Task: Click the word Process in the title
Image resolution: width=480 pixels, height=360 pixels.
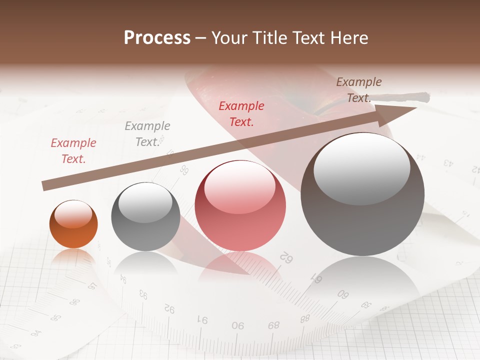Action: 157,37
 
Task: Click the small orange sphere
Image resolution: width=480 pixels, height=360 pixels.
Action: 73,224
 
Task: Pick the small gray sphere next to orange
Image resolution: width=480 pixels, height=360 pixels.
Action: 145,217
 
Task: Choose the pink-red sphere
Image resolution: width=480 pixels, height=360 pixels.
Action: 240,205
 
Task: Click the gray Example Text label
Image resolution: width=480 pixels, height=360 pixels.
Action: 147,134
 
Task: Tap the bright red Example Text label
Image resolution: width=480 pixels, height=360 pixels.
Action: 241,113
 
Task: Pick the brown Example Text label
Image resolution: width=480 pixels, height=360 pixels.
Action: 359,90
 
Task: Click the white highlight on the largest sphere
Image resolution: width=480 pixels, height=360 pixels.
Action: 362,168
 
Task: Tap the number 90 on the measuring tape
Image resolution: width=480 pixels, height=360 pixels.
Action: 238,325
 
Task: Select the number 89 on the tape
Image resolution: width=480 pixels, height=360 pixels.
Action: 273,325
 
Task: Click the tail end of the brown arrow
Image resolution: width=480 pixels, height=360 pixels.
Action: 45,186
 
